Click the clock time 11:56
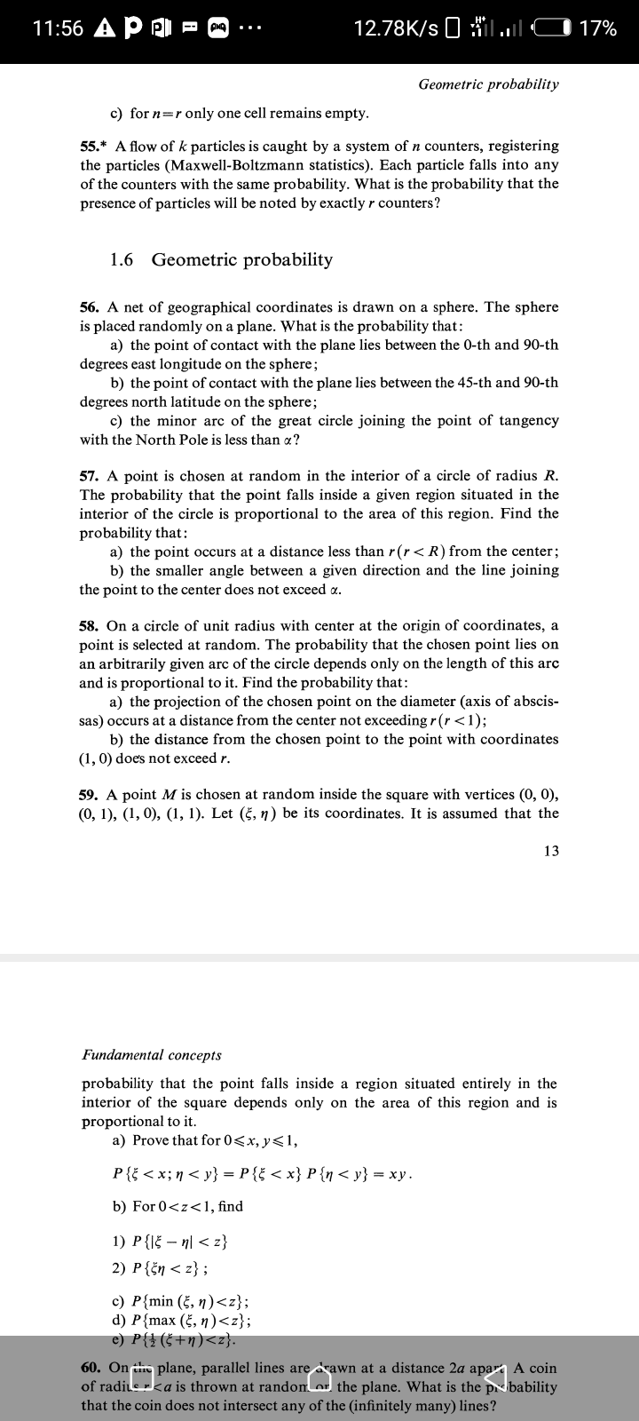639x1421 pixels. point(59,28)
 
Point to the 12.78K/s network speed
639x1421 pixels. point(396,28)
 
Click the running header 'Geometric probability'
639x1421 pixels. point(488,84)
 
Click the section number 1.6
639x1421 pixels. point(122,259)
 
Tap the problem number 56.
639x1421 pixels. point(89,307)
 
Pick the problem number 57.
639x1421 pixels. point(89,476)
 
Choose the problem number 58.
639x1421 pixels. point(89,626)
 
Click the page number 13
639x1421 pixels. point(551,851)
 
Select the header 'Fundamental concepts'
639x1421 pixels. point(152,1055)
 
